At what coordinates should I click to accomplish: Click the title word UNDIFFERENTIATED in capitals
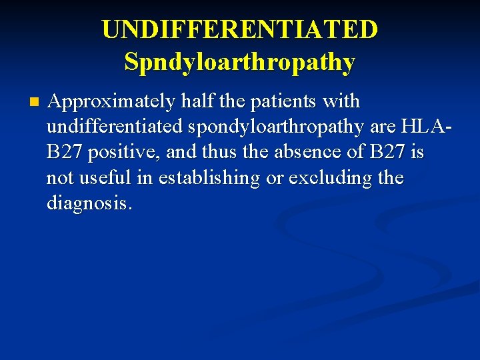[240, 29]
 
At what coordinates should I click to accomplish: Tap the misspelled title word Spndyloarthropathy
[240, 62]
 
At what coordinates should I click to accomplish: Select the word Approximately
[109, 102]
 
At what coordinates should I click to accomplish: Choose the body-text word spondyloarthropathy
[277, 127]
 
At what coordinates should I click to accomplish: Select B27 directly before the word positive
[65, 153]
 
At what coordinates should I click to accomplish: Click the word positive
[123, 153]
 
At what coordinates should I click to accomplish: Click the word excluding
[326, 178]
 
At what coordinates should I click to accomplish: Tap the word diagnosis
[89, 203]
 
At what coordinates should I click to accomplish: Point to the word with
[341, 102]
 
